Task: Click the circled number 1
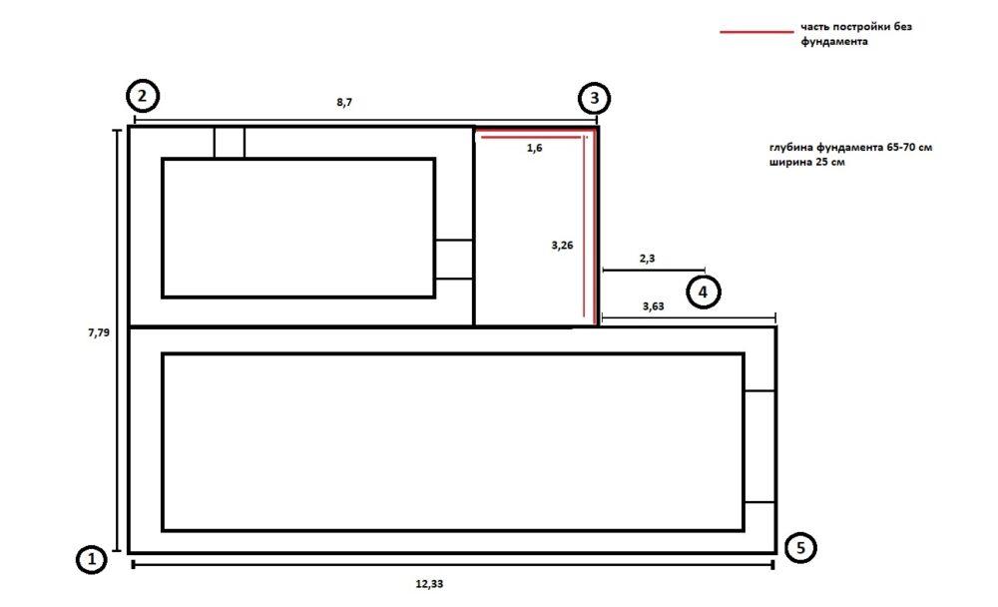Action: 92,559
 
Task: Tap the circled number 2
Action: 143,96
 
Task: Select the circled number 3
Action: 595,98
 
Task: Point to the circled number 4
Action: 704,293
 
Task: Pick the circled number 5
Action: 800,548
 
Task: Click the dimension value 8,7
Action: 344,103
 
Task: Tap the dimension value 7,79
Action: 99,332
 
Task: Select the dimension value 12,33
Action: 429,584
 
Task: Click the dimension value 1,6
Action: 535,149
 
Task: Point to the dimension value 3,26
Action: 562,246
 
